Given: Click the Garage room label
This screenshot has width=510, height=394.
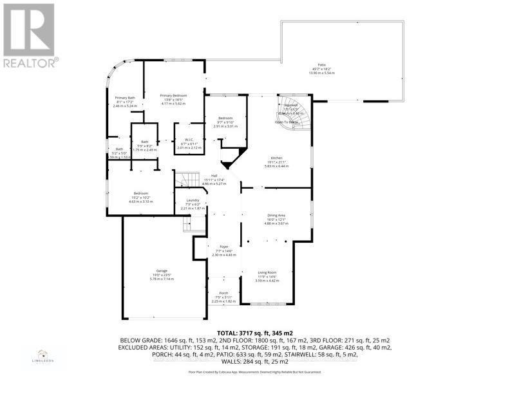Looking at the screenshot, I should click(x=156, y=270).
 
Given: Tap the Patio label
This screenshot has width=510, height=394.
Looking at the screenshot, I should click(x=321, y=65).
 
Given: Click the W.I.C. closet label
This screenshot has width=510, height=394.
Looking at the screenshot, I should click(x=189, y=140).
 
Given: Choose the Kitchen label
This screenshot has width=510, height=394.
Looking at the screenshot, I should click(x=277, y=158).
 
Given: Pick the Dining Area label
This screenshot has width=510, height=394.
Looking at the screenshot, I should click(x=276, y=216).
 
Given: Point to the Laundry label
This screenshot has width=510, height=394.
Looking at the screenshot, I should click(x=193, y=200).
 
